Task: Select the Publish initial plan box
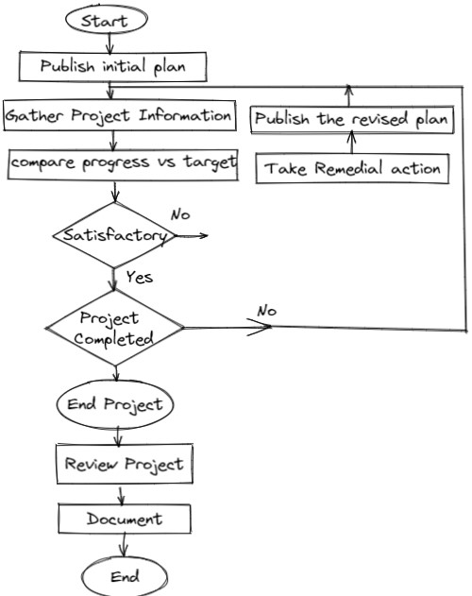pos(112,66)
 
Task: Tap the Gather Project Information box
pos(118,116)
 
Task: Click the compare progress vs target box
pos(123,162)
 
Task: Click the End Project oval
pos(116,405)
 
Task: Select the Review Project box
pos(123,464)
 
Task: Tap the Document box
pos(125,519)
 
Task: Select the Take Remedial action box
pos(352,168)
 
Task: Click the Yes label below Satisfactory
pos(139,278)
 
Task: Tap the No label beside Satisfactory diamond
pos(180,214)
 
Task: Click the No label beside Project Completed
pos(266,311)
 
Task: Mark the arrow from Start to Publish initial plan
pos(111,43)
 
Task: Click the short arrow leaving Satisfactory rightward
pos(191,235)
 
